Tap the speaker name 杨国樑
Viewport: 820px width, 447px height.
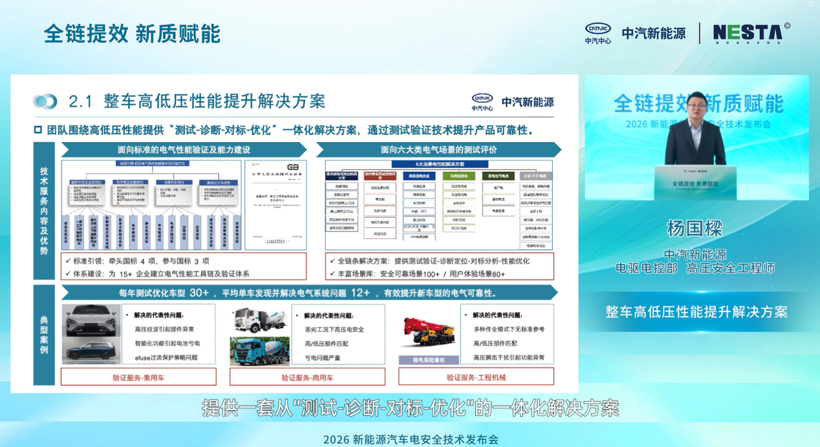[694, 228]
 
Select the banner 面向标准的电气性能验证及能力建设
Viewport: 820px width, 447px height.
[184, 149]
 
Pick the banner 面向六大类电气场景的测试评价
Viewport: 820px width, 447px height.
[438, 149]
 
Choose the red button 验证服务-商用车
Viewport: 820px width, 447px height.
[307, 377]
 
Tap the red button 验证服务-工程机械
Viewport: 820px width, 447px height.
[476, 377]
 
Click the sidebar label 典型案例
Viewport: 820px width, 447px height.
[44, 335]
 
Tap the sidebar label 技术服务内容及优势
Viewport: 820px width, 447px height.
[44, 210]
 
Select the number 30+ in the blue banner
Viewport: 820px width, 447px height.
[199, 293]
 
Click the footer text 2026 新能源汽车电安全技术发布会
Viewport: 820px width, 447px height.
[411, 439]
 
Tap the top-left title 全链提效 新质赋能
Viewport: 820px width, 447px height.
[132, 34]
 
